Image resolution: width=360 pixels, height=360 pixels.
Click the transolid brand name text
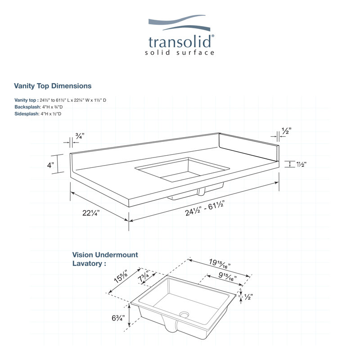click(x=180, y=42)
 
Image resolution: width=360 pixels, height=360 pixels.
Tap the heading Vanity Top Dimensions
click(x=53, y=85)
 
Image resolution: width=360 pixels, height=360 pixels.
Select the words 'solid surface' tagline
click(x=180, y=53)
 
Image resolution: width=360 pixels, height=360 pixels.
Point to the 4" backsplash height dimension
click(x=50, y=165)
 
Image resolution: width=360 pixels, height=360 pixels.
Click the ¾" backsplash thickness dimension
click(x=79, y=135)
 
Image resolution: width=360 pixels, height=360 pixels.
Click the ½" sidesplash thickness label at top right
click(x=286, y=130)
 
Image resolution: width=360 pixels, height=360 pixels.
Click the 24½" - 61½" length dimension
click(x=204, y=208)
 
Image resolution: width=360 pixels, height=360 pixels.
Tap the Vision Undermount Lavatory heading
click(x=105, y=259)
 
